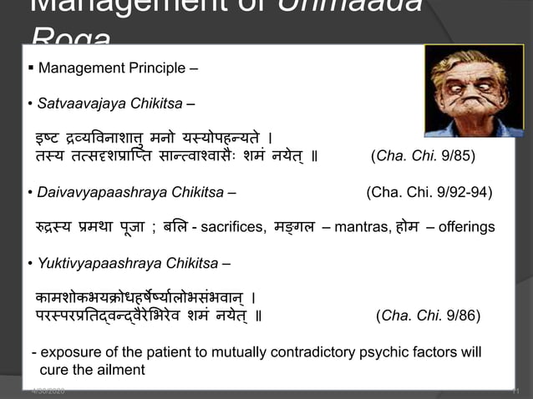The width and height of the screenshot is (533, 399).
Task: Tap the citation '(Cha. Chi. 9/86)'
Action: click(x=429, y=316)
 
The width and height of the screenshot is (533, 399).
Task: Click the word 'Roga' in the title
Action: click(x=70, y=38)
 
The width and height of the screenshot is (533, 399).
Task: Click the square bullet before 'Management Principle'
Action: click(x=30, y=68)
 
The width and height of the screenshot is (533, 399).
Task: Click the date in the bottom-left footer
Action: click(x=48, y=391)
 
